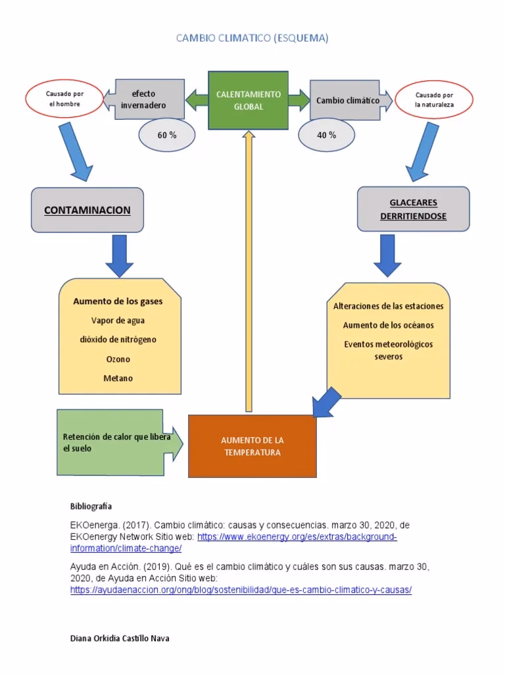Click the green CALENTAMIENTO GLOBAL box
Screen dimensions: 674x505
(x=248, y=100)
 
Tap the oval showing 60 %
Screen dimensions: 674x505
(x=166, y=135)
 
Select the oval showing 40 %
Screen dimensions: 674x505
(x=326, y=135)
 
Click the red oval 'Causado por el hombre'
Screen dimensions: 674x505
(x=64, y=99)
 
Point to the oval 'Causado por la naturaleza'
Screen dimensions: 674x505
(x=434, y=99)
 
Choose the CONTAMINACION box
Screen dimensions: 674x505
(x=87, y=211)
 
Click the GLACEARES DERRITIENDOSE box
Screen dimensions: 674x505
(x=413, y=209)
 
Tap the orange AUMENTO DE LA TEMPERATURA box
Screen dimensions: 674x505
(x=252, y=446)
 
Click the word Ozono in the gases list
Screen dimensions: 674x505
(x=118, y=359)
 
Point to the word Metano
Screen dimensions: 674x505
(x=118, y=378)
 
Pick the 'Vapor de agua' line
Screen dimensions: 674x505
(x=118, y=321)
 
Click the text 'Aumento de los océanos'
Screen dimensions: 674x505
(x=388, y=325)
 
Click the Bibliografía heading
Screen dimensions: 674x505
(x=91, y=506)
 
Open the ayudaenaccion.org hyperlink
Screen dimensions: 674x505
(x=241, y=590)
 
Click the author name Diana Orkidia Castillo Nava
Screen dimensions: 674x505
(x=119, y=638)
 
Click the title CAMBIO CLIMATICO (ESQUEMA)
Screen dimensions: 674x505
(x=252, y=39)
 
